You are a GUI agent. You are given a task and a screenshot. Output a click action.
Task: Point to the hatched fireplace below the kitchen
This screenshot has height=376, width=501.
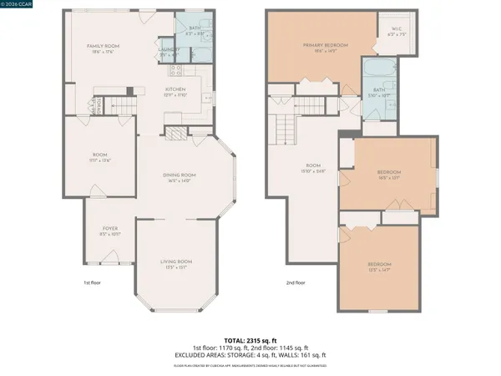[x=175, y=131]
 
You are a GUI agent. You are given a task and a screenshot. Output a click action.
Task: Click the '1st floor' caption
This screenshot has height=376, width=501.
[x=93, y=282]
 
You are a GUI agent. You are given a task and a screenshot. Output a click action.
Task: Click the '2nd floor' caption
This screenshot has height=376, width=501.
[x=296, y=282]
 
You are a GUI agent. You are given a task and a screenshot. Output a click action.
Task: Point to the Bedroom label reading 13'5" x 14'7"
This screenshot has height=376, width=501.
[x=380, y=267]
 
